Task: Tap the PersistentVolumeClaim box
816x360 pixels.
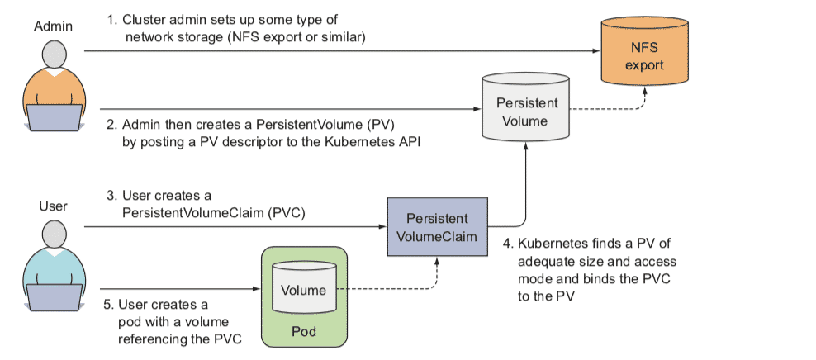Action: tap(437, 225)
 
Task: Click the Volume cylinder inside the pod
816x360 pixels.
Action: tap(303, 289)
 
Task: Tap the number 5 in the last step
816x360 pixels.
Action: tap(107, 305)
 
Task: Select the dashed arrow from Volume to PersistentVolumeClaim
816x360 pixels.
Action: tap(388, 290)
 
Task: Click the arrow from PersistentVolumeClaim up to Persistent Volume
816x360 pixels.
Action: tap(525, 190)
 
